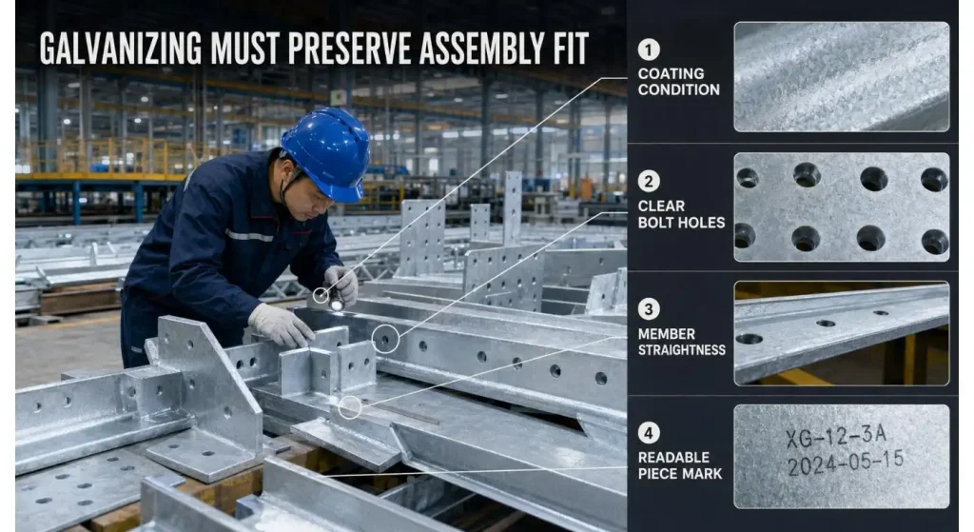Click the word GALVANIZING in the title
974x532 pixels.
pos(121,48)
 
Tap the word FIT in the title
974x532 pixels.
pos(569,48)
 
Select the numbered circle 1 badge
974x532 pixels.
pos(649,49)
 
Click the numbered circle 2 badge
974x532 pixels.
pos(649,182)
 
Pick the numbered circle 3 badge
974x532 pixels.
pos(649,309)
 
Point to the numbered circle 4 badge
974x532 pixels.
pos(649,433)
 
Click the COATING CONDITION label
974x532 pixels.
pos(678,82)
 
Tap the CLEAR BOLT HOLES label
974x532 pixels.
pos(681,214)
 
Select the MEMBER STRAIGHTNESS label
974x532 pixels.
pos(681,342)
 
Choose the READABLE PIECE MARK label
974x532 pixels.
pos(679,465)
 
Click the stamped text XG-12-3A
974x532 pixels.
pos(835,436)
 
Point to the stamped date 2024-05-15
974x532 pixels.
pos(846,463)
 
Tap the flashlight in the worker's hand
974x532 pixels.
pos(336,299)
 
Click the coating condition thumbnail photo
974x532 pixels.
pos(842,76)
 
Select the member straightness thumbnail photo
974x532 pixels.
pos(842,333)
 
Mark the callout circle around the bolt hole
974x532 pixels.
pos(386,339)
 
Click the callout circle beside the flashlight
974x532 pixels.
pos(321,295)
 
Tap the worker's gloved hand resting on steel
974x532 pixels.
pos(281,325)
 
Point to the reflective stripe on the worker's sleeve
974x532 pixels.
pos(248,236)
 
